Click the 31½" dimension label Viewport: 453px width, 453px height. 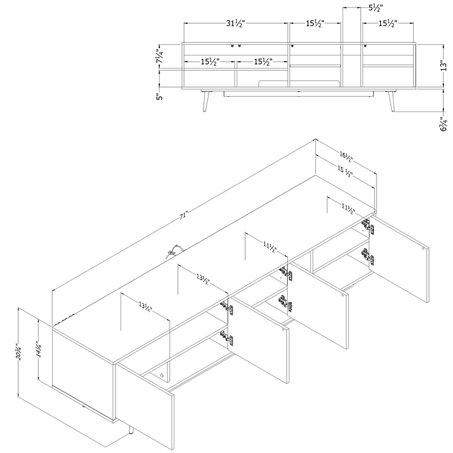(235, 24)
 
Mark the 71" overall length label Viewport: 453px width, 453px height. (183, 216)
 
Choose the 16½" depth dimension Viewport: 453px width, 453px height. (347, 155)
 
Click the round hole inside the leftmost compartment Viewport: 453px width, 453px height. (163, 374)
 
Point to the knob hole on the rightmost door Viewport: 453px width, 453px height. (424, 247)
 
